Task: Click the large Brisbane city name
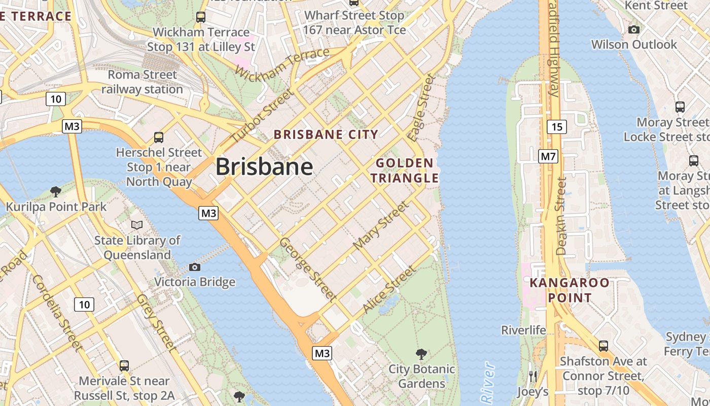(x=264, y=167)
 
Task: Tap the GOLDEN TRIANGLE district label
(x=404, y=171)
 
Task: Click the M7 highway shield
(x=548, y=156)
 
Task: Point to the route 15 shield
(x=556, y=126)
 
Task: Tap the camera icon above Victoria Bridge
(x=194, y=267)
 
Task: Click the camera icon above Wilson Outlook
(x=633, y=29)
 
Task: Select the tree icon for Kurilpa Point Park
(x=56, y=191)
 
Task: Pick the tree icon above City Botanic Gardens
(x=421, y=354)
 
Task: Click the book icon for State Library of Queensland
(x=136, y=225)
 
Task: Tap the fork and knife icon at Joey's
(x=532, y=376)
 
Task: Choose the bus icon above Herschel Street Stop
(x=159, y=137)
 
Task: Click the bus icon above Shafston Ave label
(x=603, y=346)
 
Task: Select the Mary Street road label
(x=380, y=225)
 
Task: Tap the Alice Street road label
(x=388, y=290)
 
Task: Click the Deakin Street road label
(x=560, y=216)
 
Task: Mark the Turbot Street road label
(x=262, y=116)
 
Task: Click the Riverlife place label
(x=523, y=330)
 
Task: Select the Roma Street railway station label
(x=142, y=82)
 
